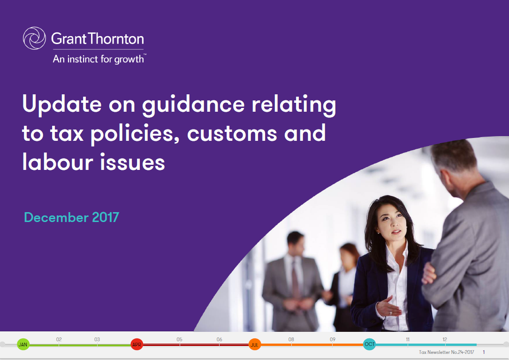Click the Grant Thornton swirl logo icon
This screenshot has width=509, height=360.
(x=34, y=38)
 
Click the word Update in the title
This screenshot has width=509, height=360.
(x=61, y=104)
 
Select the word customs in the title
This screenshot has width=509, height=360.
(x=232, y=134)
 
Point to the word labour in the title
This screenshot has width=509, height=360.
(x=57, y=161)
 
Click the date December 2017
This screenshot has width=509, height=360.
(x=71, y=217)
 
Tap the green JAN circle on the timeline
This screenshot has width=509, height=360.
(x=23, y=345)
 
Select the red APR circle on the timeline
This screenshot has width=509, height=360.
(x=137, y=345)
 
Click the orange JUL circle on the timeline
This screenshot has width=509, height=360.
(x=254, y=345)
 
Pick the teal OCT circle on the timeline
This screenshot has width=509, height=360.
(x=369, y=344)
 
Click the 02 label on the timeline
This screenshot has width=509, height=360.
(x=59, y=339)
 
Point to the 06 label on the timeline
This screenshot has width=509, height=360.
(x=220, y=339)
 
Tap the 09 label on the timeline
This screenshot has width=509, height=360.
(x=333, y=339)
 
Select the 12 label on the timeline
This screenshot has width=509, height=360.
(x=445, y=339)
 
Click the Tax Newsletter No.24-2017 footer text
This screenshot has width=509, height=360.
(x=446, y=352)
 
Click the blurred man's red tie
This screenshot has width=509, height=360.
(x=295, y=279)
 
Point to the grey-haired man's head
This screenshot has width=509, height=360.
(x=455, y=166)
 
